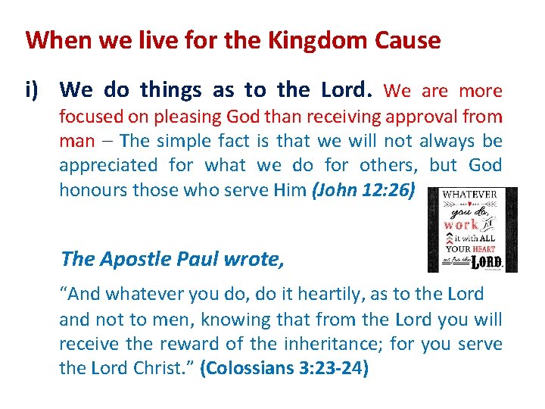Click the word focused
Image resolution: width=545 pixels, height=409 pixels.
point(89,117)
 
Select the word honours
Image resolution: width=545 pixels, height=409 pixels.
point(93,190)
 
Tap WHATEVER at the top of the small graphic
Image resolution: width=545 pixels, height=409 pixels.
point(470,195)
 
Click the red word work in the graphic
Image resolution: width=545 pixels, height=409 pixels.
point(461,225)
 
